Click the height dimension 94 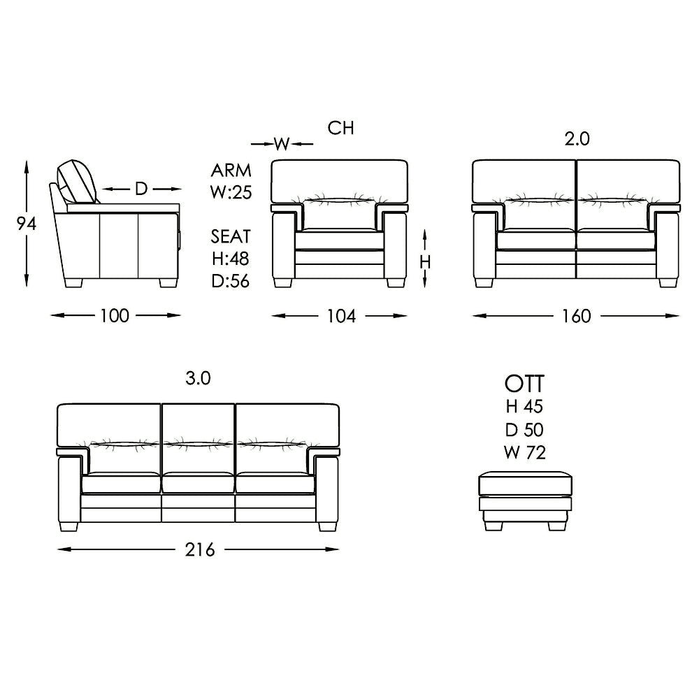click(26, 223)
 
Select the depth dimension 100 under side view click(115, 316)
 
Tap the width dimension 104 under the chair click(341, 316)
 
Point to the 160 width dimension click(576, 316)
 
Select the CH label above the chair click(341, 128)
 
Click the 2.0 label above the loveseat click(577, 139)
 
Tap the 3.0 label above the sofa click(198, 379)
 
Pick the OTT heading click(524, 384)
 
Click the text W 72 click(524, 452)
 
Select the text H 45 click(524, 406)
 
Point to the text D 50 click(524, 429)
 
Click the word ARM click(231, 171)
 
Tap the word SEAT click(231, 237)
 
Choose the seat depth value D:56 click(231, 281)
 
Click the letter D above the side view click(141, 189)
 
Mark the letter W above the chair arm click(282, 144)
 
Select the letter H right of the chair click(425, 261)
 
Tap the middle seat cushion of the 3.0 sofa click(199, 483)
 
